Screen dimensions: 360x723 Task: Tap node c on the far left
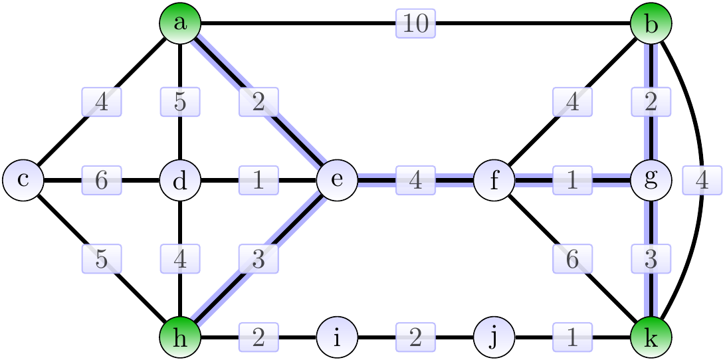click(x=23, y=180)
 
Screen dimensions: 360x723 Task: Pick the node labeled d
click(x=180, y=180)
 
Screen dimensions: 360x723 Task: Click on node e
click(x=338, y=180)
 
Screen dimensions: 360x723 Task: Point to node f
click(x=494, y=180)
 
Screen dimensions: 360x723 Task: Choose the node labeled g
click(x=651, y=180)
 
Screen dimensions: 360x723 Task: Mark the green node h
click(x=180, y=337)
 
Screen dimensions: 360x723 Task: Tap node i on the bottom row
click(x=338, y=337)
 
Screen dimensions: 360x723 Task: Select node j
click(x=494, y=337)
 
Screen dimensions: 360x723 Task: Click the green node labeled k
click(x=651, y=337)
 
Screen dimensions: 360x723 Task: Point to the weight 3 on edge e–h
click(x=258, y=259)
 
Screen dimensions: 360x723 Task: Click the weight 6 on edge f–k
click(x=573, y=259)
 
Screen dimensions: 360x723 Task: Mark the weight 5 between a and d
click(x=180, y=102)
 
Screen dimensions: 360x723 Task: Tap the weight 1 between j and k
click(x=573, y=338)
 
